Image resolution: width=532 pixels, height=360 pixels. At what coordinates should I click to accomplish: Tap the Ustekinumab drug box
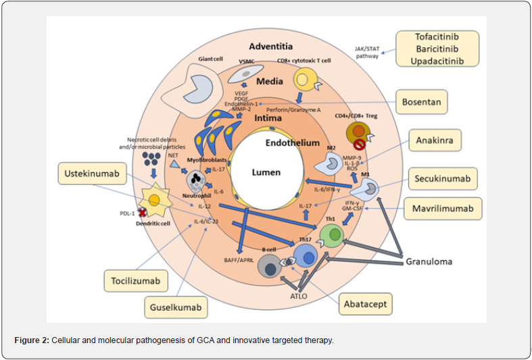click(97, 175)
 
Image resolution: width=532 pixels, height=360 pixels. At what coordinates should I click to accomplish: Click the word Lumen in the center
click(266, 172)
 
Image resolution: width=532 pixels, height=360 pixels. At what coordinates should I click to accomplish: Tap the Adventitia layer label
click(270, 47)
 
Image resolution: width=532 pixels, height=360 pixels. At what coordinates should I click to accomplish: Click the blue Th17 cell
click(306, 258)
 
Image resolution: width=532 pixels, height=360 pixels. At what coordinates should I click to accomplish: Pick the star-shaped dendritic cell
click(155, 201)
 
